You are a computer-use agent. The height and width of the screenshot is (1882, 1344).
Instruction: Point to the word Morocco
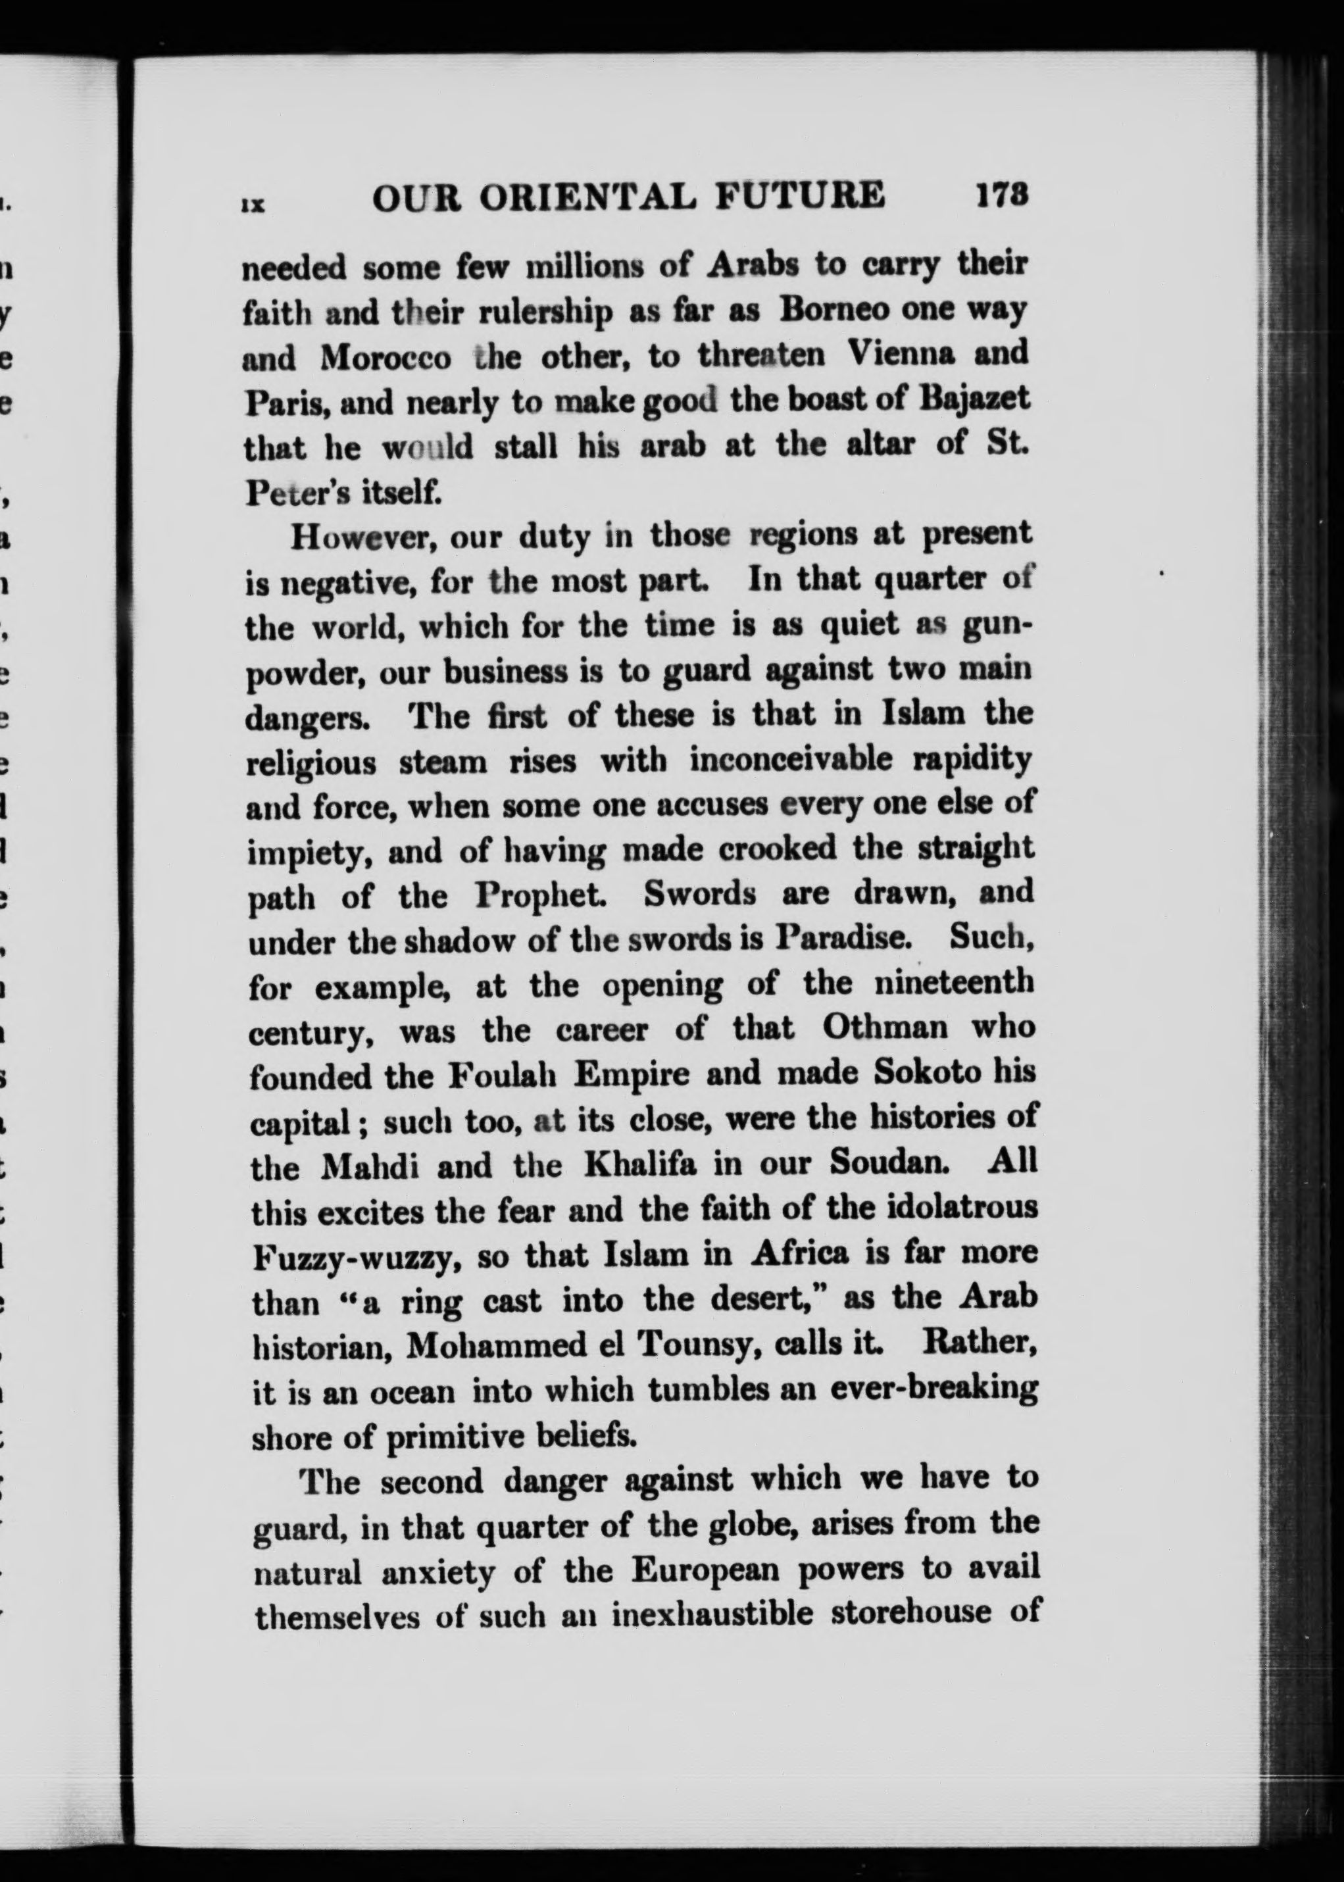click(x=386, y=358)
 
